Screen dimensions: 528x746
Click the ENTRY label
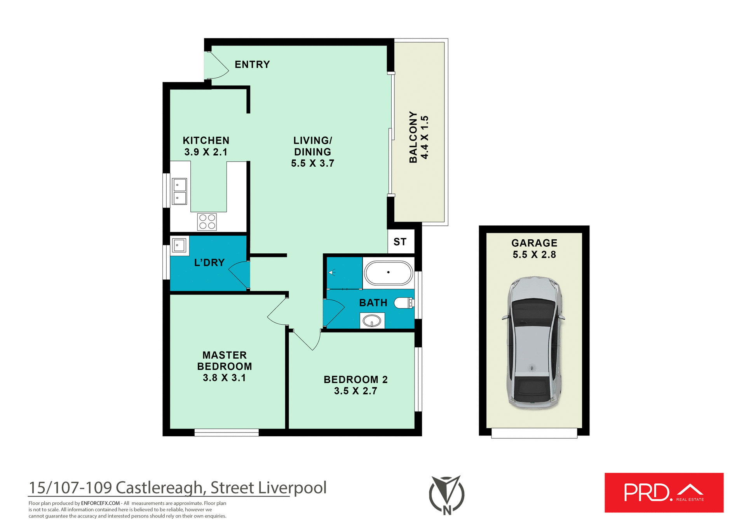click(252, 64)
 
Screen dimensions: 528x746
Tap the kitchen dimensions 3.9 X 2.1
click(206, 152)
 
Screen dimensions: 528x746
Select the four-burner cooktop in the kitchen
click(207, 222)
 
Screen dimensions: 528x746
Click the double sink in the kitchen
click(180, 191)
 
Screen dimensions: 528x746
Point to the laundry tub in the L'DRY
click(179, 246)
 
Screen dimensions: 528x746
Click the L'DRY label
click(209, 263)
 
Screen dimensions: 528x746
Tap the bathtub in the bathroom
click(388, 273)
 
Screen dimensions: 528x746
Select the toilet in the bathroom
click(404, 303)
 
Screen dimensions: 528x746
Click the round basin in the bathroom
click(372, 321)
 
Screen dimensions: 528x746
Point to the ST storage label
click(400, 242)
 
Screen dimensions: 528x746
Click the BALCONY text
click(413, 137)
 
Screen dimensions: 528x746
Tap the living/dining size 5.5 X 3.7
click(312, 163)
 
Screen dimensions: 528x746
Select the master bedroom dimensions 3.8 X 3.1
click(224, 378)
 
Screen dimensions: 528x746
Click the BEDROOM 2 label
click(356, 379)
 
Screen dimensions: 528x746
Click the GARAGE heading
click(534, 243)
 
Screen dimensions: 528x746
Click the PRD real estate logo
click(664, 492)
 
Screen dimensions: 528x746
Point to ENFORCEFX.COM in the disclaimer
click(100, 503)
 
